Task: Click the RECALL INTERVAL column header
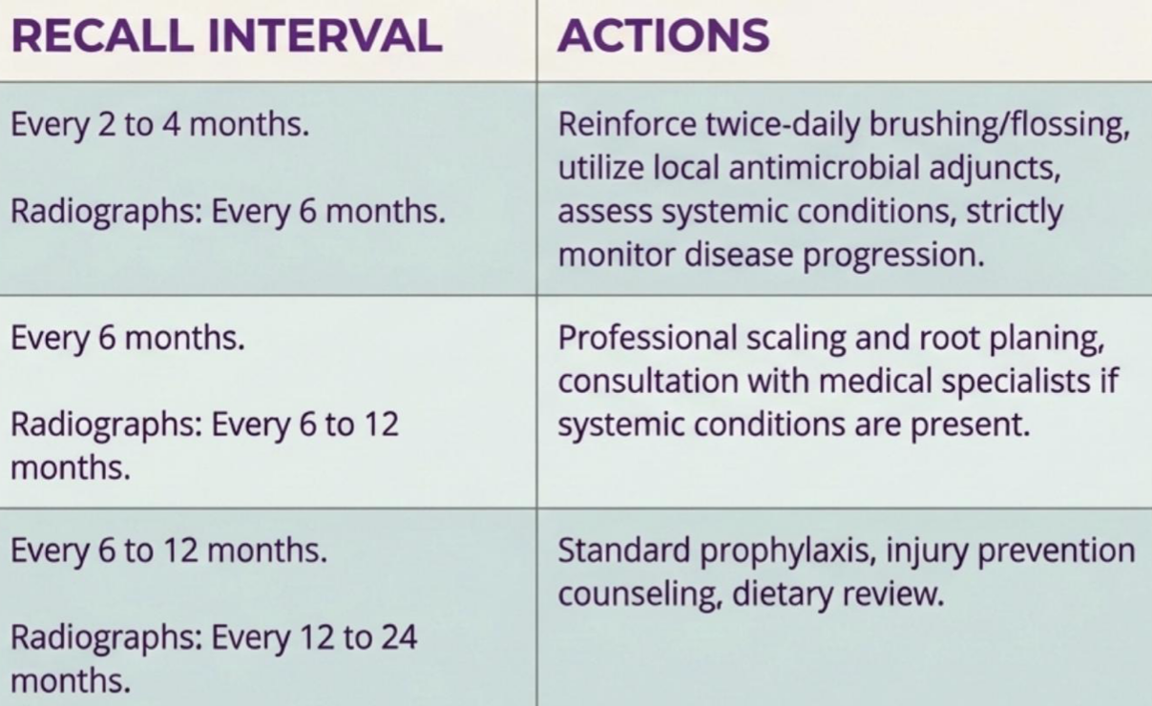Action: click(227, 35)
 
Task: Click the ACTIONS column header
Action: click(663, 35)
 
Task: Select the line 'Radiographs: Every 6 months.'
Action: click(228, 213)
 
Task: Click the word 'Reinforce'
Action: click(627, 124)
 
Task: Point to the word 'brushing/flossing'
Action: click(999, 126)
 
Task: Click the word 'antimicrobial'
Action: click(824, 168)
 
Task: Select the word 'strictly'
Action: click(1015, 213)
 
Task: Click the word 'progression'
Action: click(893, 256)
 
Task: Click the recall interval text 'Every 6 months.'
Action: click(128, 340)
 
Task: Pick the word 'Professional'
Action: click(647, 340)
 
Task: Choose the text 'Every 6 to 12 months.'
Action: click(169, 550)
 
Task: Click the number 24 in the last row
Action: click(399, 637)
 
